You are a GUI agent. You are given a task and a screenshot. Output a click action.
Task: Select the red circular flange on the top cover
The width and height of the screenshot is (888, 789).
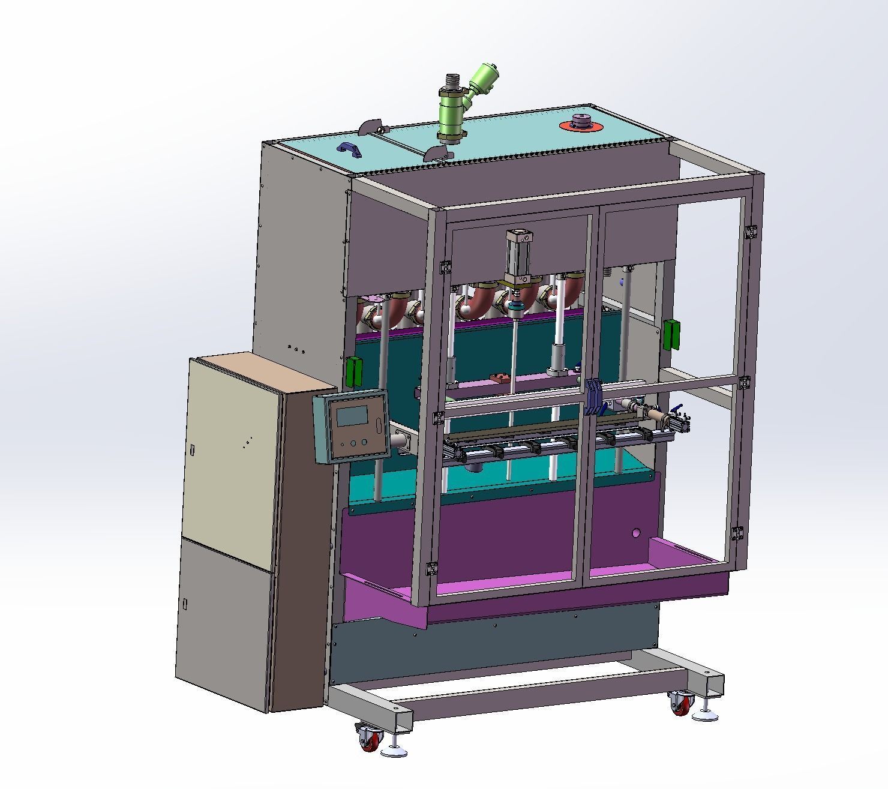(580, 125)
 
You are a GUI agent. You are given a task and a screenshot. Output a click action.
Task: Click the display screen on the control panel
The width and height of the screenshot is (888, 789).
(352, 415)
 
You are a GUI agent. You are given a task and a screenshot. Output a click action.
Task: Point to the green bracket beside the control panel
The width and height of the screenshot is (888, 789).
(355, 371)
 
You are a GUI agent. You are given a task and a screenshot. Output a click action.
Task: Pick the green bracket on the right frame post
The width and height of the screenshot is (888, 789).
(671, 334)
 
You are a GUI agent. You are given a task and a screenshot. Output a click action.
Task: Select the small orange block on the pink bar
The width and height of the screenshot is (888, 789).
(499, 378)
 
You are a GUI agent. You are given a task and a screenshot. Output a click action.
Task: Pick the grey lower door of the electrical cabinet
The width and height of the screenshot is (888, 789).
(225, 624)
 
